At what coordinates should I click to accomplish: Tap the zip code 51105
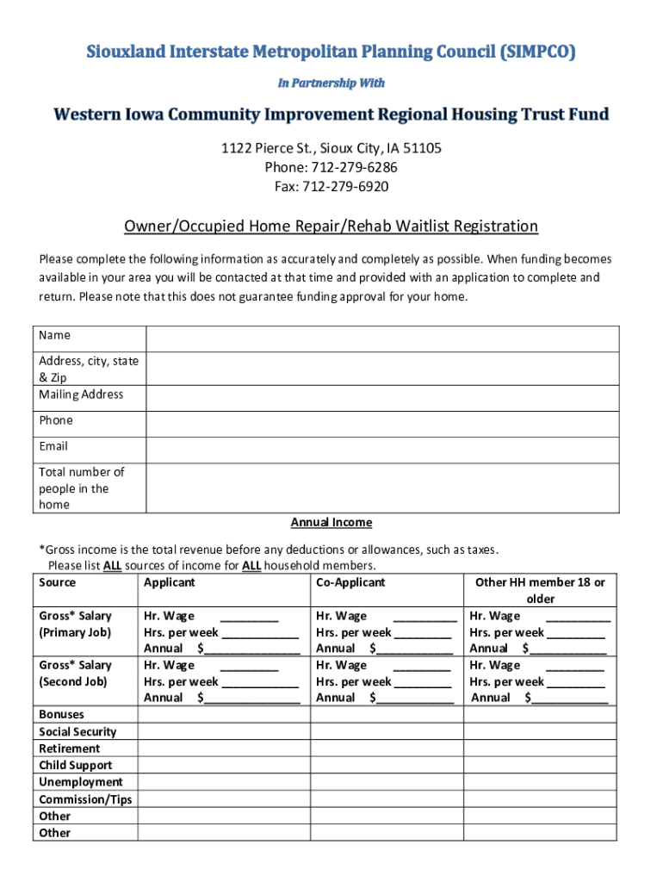423,148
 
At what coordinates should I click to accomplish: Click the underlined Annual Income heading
331,523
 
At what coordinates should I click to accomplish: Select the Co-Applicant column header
350,582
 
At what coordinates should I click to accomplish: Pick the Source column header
57,582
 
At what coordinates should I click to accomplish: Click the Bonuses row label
63,714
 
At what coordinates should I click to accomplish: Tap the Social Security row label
77,731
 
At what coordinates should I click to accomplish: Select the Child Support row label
75,765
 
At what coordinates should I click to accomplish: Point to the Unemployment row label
81,782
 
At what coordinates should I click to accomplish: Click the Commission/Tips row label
85,799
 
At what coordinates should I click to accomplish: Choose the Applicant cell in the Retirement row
224,748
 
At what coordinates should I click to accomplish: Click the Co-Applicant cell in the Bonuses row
387,714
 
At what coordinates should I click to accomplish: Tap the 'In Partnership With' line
331,83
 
